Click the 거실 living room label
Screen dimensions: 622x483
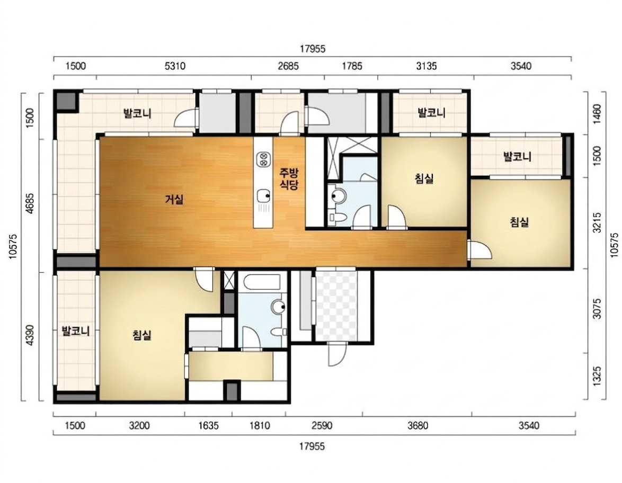pos(174,199)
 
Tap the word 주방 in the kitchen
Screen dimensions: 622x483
pos(289,173)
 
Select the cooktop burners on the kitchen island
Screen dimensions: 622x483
pos(263,159)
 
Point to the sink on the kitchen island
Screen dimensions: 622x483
pos(263,195)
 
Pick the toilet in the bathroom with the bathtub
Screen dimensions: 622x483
pos(279,332)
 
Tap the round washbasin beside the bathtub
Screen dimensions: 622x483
pos(279,307)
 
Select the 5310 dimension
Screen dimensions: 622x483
pos(175,66)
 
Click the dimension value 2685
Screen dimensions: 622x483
pos(288,66)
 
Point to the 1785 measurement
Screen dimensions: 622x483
pos(352,66)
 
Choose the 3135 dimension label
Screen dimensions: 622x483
pos(426,66)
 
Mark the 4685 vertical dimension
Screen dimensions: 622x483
pos(30,203)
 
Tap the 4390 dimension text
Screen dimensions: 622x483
pos(30,335)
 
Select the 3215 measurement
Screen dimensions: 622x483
pos(597,223)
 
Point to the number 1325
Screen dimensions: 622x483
pos(597,375)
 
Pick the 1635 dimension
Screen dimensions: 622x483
pos(208,425)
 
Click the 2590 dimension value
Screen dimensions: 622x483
pos(322,425)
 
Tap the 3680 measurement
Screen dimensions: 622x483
pos(417,425)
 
